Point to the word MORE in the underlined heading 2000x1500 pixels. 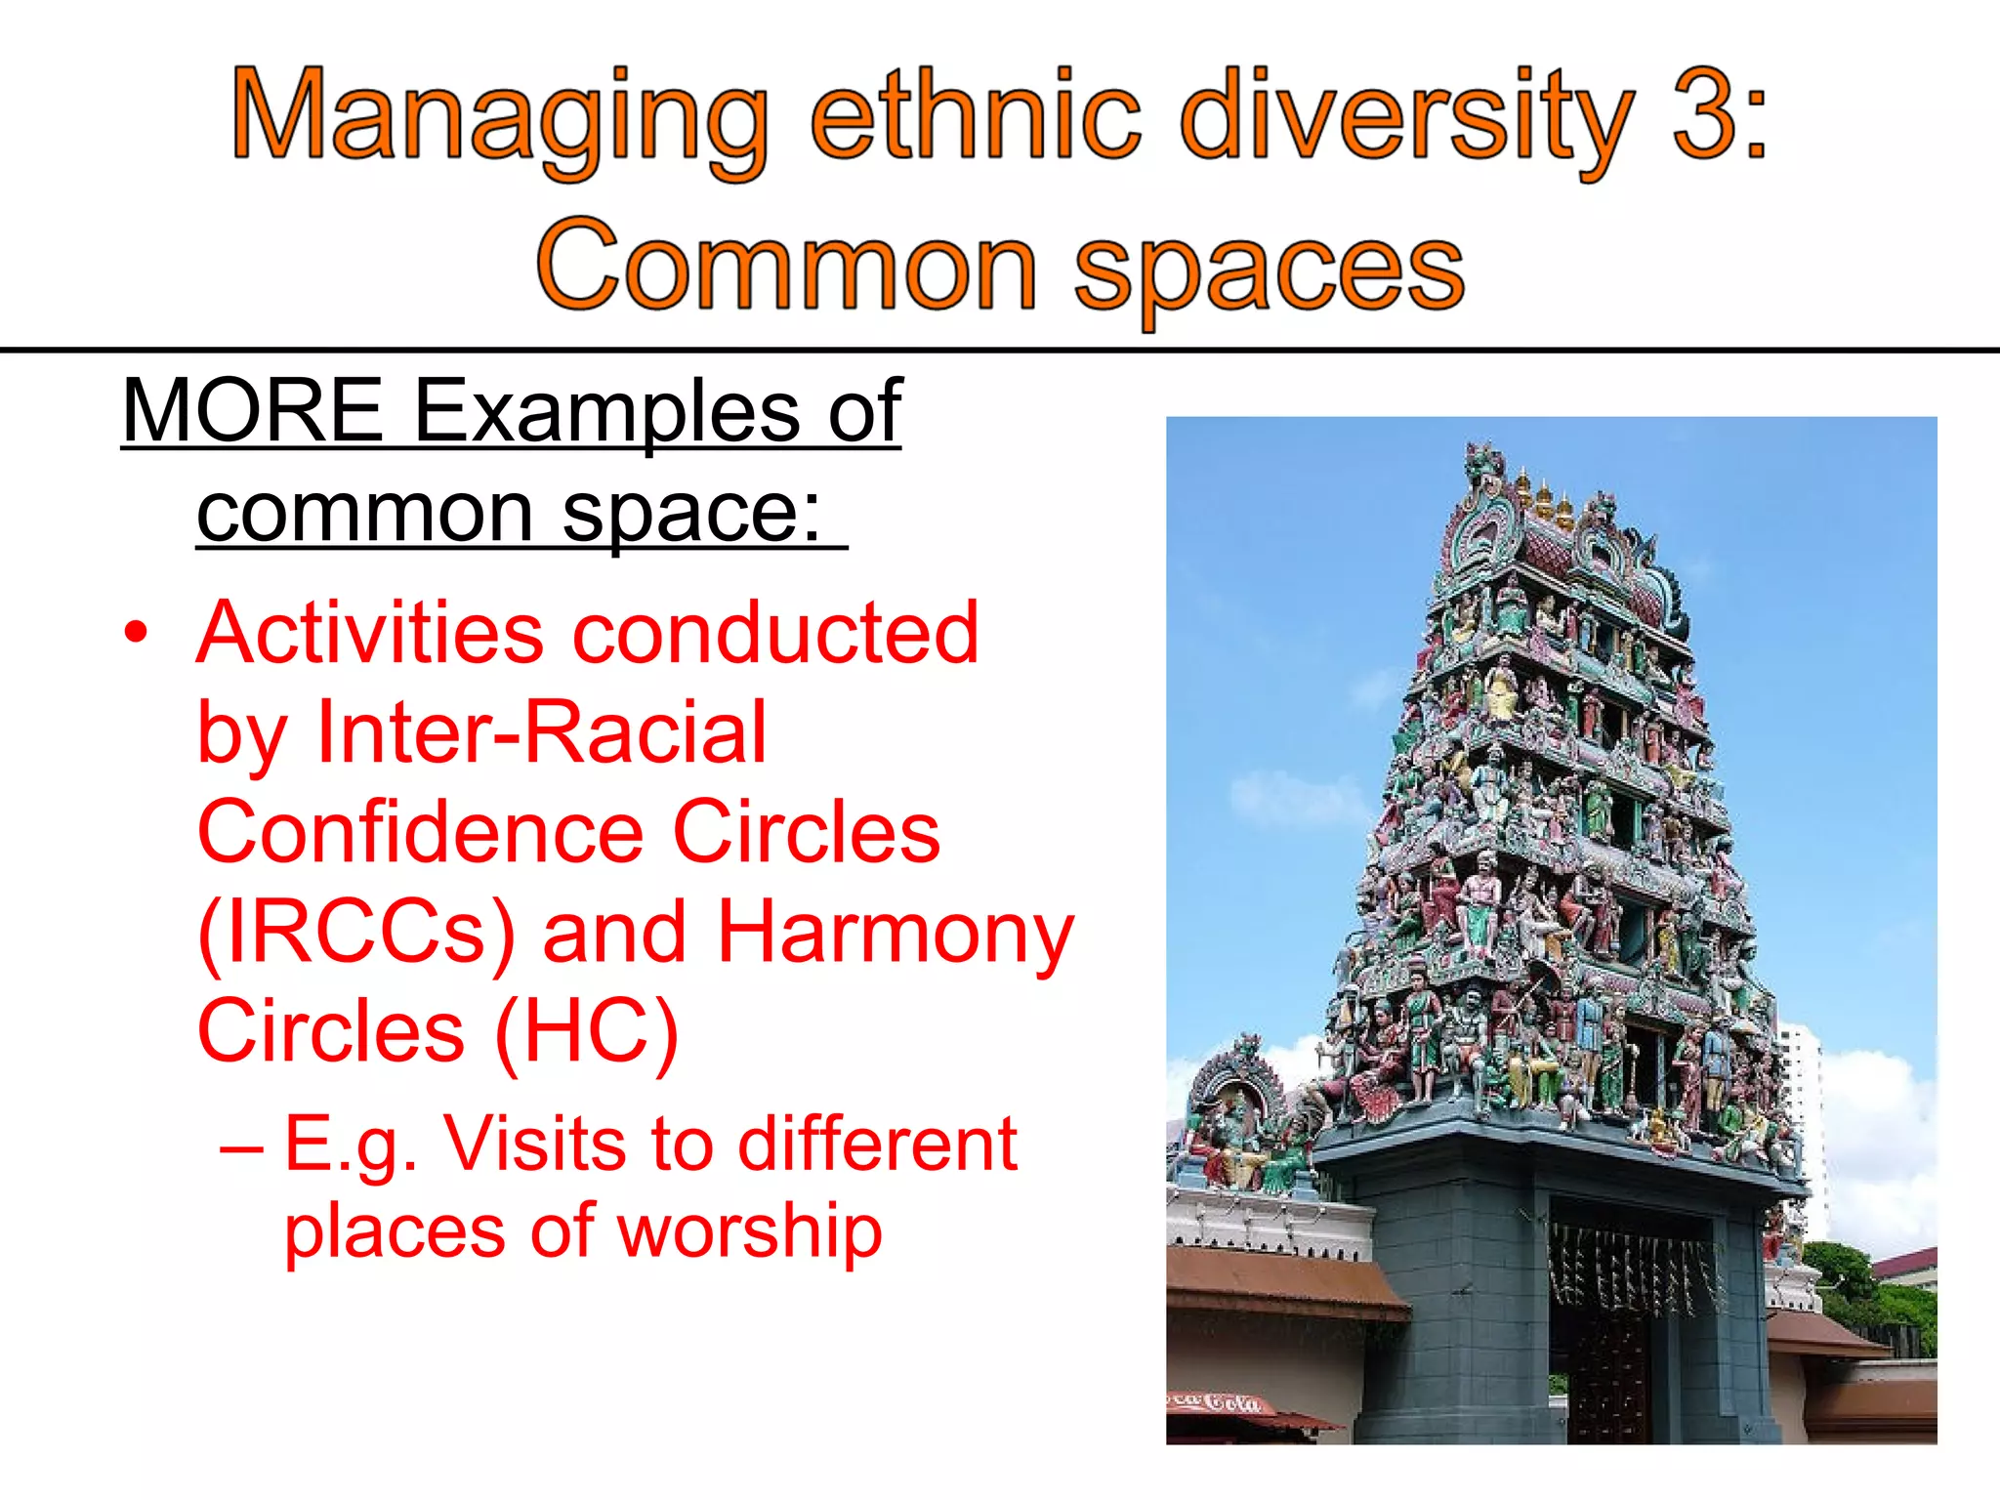[x=252, y=411]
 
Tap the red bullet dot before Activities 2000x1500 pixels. [x=136, y=633]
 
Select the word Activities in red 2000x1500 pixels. [x=370, y=633]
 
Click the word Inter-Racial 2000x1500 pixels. [x=542, y=732]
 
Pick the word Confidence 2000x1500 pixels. [x=420, y=832]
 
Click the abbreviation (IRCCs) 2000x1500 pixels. [x=355, y=934]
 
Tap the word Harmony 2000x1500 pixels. [x=895, y=934]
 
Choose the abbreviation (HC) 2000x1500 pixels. [x=586, y=1033]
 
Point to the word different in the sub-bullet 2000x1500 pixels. [x=876, y=1144]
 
